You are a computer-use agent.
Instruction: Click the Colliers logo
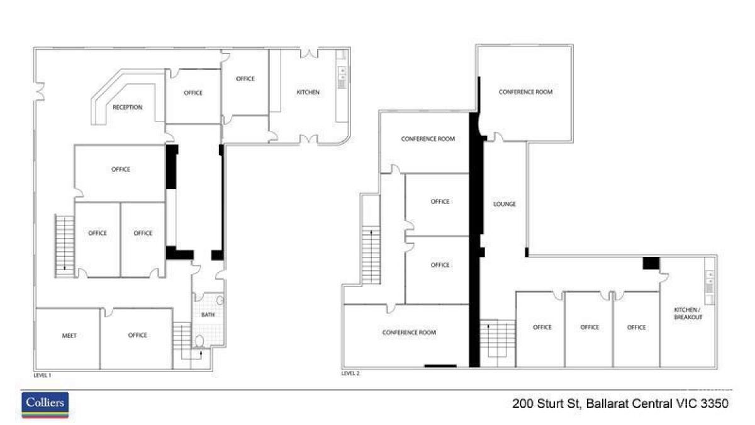(x=45, y=404)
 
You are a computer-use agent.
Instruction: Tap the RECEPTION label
(x=127, y=108)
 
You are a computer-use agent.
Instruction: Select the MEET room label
(x=69, y=336)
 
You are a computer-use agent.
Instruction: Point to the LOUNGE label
(x=505, y=204)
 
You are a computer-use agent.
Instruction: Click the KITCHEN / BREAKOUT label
(x=688, y=314)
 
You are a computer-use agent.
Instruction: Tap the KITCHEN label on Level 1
(x=308, y=93)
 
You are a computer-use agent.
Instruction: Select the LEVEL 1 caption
(x=42, y=375)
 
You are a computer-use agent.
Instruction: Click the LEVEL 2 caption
(x=350, y=373)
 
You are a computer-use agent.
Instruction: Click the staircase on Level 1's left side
(x=64, y=245)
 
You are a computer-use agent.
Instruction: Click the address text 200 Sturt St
(x=547, y=404)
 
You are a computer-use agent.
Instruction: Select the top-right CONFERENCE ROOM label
(x=525, y=92)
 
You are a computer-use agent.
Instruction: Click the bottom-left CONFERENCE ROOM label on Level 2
(x=409, y=332)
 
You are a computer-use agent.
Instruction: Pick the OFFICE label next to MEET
(x=137, y=336)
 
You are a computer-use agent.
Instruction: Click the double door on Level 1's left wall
(x=40, y=91)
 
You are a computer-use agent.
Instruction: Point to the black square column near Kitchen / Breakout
(x=651, y=263)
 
